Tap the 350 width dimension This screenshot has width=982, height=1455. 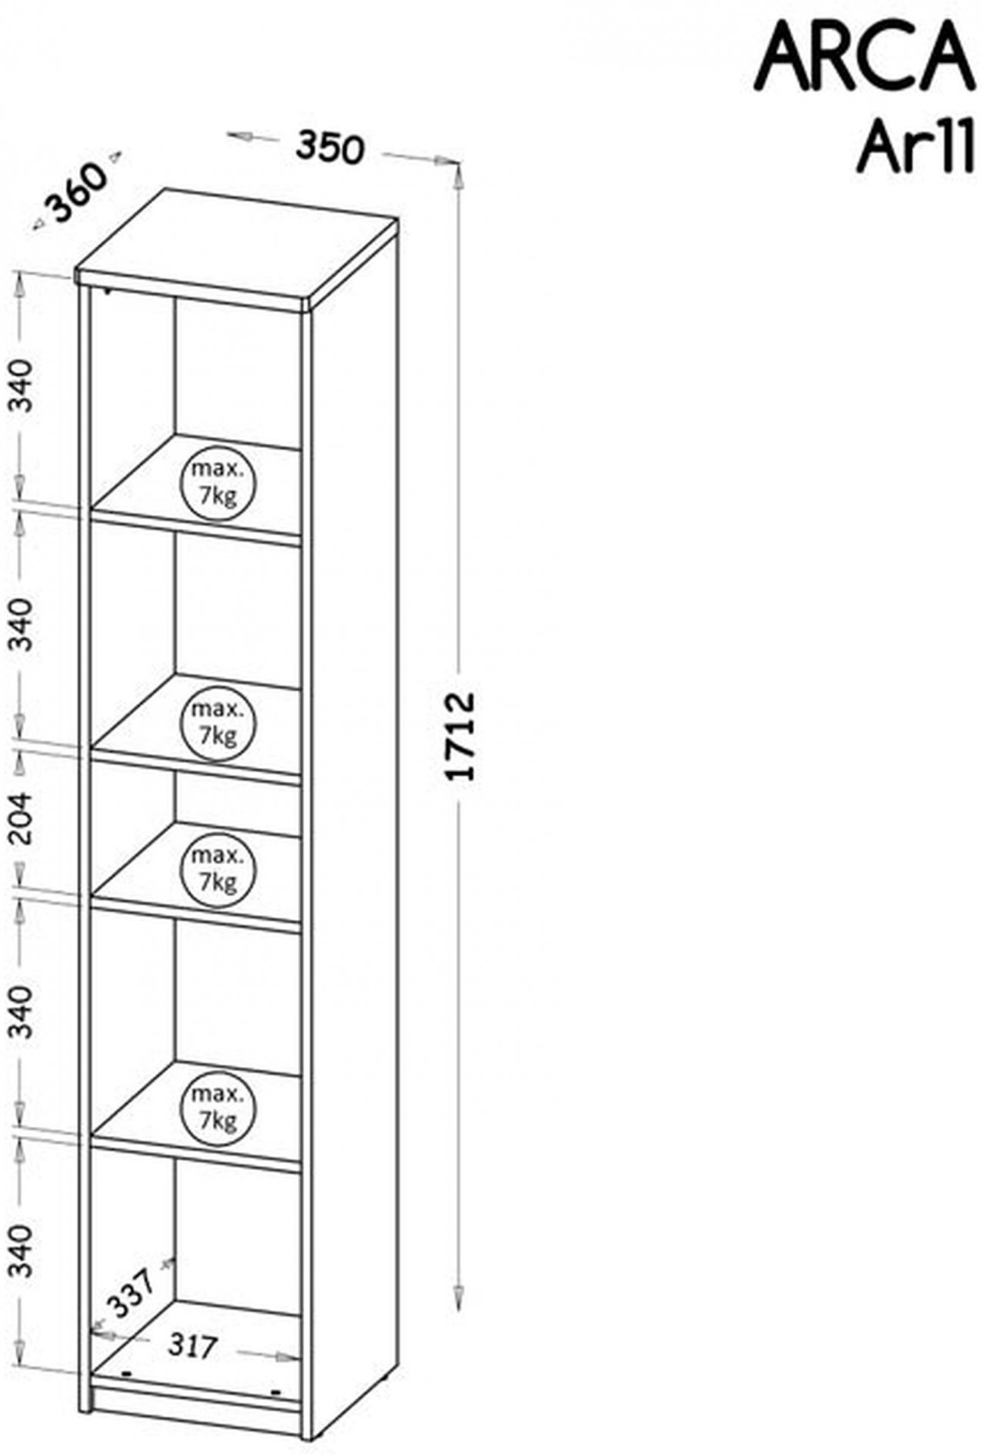coord(330,147)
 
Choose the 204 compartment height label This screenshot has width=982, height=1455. coord(23,818)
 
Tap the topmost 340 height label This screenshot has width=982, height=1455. coord(23,386)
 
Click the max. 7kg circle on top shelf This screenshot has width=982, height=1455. coord(217,482)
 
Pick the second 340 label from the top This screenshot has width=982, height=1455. coord(23,624)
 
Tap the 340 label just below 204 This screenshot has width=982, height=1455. coord(23,1012)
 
